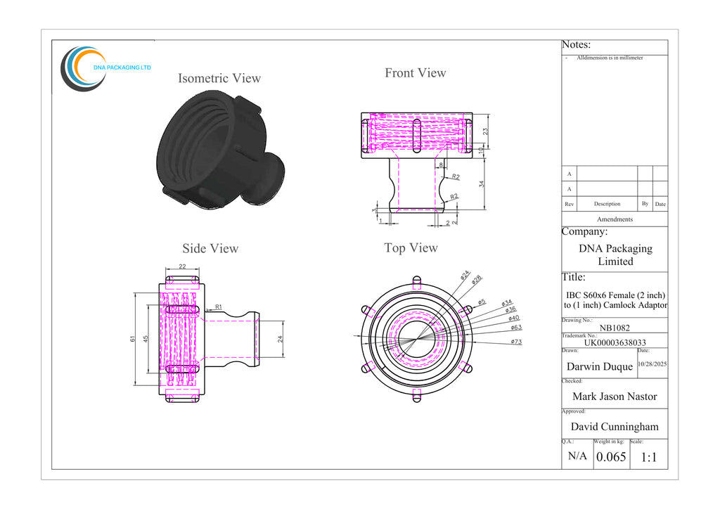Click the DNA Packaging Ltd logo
click(x=105, y=68)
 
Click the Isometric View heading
click(x=219, y=79)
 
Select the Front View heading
click(x=415, y=73)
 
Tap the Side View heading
click(x=210, y=248)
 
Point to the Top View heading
click(x=411, y=248)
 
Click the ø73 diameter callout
click(x=517, y=342)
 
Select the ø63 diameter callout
click(x=516, y=328)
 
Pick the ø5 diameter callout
click(x=481, y=302)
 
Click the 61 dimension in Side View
click(x=133, y=339)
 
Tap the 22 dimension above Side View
click(x=182, y=266)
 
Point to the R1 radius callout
click(x=219, y=307)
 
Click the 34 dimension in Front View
click(x=481, y=184)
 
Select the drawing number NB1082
click(x=615, y=328)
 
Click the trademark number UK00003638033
click(x=615, y=342)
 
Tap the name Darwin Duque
click(x=599, y=366)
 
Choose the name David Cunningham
click(x=615, y=426)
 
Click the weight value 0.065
click(x=611, y=457)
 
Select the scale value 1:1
click(x=649, y=457)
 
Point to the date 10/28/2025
click(x=652, y=364)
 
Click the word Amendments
click(x=615, y=219)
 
